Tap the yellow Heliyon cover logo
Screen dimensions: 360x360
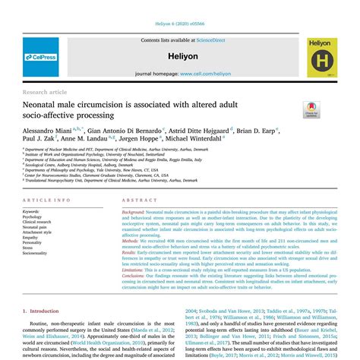point(322,58)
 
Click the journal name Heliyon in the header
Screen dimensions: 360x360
point(180,55)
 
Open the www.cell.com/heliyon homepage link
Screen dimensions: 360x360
point(204,74)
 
